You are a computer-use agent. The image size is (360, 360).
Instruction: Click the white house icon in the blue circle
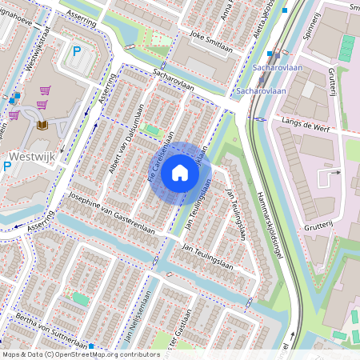pyautogui.click(x=180, y=172)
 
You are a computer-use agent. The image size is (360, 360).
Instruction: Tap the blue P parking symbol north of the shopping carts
pyautogui.click(x=78, y=51)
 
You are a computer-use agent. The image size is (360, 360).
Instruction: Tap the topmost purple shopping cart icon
pyautogui.click(x=42, y=90)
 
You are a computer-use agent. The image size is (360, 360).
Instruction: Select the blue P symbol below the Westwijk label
pyautogui.click(x=7, y=166)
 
